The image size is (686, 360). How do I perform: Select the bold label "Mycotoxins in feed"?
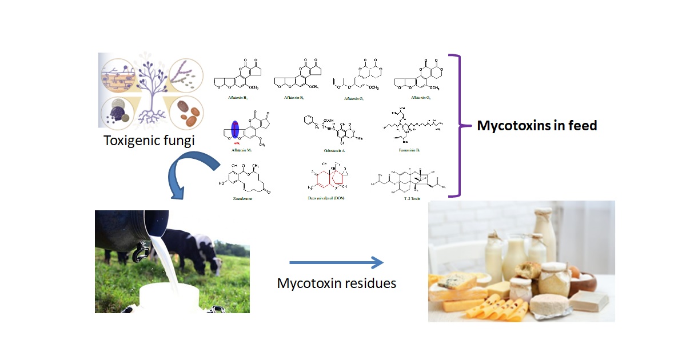tap(537, 126)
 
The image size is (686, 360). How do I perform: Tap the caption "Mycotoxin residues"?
tap(337, 283)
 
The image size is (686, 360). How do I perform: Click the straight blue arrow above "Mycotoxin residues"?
tap(336, 263)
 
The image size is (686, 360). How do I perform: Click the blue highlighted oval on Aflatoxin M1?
tap(234, 130)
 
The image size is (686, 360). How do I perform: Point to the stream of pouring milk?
tap(157, 257)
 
